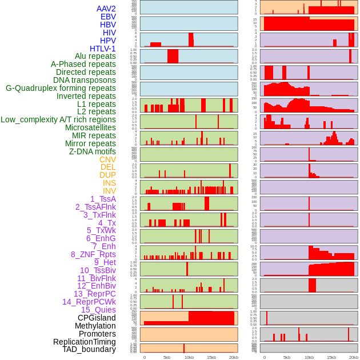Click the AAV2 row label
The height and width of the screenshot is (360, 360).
(x=106, y=9)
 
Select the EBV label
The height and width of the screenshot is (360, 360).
(x=108, y=17)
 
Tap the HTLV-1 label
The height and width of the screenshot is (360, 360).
(x=102, y=49)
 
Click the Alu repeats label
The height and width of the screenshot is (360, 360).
(x=95, y=56)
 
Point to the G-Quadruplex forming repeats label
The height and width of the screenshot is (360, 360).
(x=61, y=88)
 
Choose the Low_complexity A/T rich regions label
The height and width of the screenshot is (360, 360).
(x=58, y=119)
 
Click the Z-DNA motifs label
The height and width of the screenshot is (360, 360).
(x=93, y=151)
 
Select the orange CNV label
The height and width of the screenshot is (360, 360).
(x=107, y=159)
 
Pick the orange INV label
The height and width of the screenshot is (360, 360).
(x=109, y=191)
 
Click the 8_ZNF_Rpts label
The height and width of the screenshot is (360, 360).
(x=93, y=254)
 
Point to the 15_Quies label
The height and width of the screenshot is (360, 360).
(x=97, y=310)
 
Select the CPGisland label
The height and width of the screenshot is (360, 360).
(x=97, y=318)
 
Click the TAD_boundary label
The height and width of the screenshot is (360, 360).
(x=89, y=349)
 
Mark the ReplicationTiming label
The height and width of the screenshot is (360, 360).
(x=85, y=342)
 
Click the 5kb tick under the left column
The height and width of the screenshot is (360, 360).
(x=167, y=357)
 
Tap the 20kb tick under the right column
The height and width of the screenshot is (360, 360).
(x=354, y=357)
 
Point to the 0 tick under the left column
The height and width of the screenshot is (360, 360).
(x=144, y=357)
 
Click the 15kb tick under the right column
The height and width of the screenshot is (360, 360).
(x=331, y=357)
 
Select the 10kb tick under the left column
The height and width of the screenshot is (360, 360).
(x=189, y=357)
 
